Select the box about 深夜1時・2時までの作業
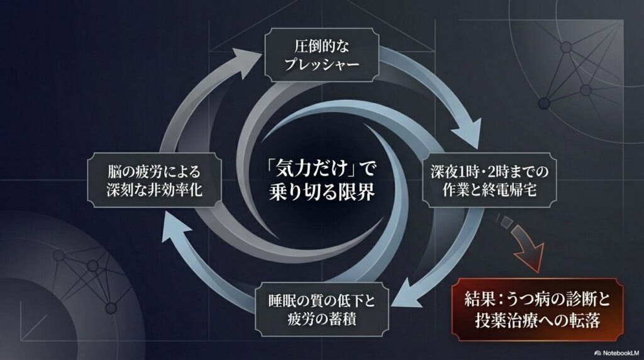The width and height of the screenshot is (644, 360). point(483,181)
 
